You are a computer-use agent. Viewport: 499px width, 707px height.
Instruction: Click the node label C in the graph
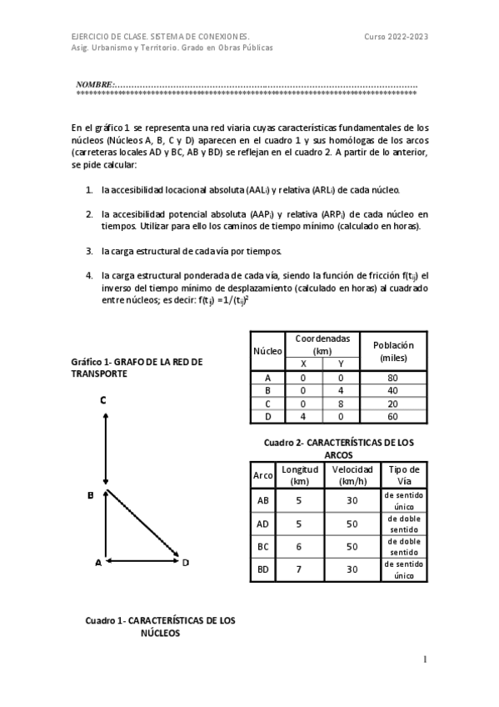pos(102,400)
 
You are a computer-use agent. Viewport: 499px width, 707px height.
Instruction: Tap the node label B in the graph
pos(91,495)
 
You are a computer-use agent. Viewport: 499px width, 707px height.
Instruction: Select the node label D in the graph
pos(186,563)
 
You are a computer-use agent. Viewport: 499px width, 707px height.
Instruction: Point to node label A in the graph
pos(97,563)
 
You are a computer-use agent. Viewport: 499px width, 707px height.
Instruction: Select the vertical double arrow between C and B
pos(106,449)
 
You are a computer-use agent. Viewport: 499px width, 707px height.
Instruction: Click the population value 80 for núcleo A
pos(392,377)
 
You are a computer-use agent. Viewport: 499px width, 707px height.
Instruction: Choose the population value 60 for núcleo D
pos(392,416)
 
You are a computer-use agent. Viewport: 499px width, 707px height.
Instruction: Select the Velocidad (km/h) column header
pos(352,475)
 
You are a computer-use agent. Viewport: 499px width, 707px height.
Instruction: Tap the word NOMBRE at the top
pos(93,85)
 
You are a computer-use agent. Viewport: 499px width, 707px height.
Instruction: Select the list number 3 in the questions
pos(89,250)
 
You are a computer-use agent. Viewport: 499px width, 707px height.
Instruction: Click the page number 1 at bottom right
pos(425,659)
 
